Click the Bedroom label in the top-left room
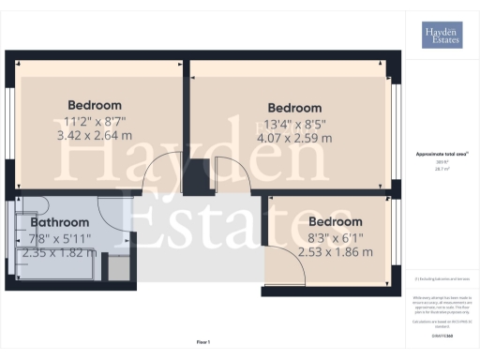click(x=95, y=104)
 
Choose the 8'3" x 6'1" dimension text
click(x=334, y=237)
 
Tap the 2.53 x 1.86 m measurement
click(x=335, y=251)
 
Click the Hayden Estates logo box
click(x=441, y=36)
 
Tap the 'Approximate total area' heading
click(x=440, y=154)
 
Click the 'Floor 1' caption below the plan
click(x=203, y=342)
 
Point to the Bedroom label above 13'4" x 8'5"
click(x=294, y=108)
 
